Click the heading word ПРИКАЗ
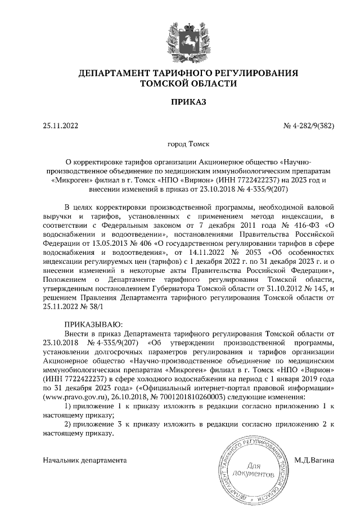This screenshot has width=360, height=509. point(180,102)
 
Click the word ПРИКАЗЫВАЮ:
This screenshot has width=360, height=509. point(91,325)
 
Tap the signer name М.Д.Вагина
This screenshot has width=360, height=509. point(314,460)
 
